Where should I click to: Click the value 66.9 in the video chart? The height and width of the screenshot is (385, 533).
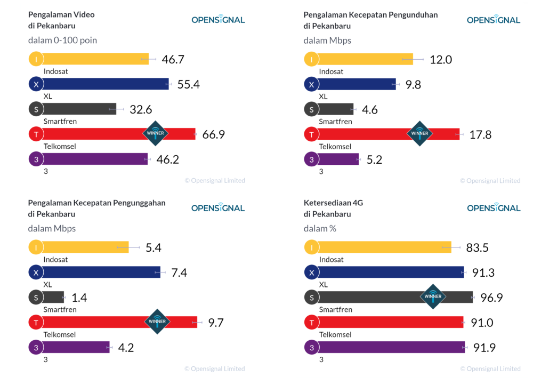pos(214,134)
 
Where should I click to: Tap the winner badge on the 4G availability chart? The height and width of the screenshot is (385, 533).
pos(433,296)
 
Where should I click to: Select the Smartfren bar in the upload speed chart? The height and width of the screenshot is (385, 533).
pos(53,297)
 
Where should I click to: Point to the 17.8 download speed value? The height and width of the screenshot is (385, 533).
pos(480,135)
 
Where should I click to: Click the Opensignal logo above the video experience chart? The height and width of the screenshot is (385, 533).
pos(218,19)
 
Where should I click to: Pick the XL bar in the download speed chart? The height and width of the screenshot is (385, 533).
pos(357,84)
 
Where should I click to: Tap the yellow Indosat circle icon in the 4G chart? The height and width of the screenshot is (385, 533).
pos(311,247)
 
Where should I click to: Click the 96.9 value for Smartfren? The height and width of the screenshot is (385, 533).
pos(491,298)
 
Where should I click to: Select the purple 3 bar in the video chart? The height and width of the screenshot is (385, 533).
pos(95,159)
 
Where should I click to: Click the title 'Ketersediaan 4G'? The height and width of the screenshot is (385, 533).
pos(333,203)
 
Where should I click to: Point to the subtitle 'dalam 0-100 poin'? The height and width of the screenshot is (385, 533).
pos(62,40)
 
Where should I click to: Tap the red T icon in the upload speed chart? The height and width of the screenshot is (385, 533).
pos(36,323)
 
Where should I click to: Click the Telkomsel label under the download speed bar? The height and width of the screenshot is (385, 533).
pos(335,147)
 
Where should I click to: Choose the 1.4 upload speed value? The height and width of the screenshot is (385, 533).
pos(79,298)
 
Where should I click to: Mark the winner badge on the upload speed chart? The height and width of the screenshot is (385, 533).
pos(157,322)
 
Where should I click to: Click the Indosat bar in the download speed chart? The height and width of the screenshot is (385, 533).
pos(366,59)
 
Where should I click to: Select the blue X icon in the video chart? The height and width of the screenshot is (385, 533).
pos(36,84)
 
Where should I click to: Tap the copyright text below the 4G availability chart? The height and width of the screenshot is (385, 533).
pos(490,368)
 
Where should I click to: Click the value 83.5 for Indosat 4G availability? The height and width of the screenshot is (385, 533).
pos(477,247)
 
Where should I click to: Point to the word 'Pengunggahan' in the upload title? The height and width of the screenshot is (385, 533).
pos(139,203)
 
